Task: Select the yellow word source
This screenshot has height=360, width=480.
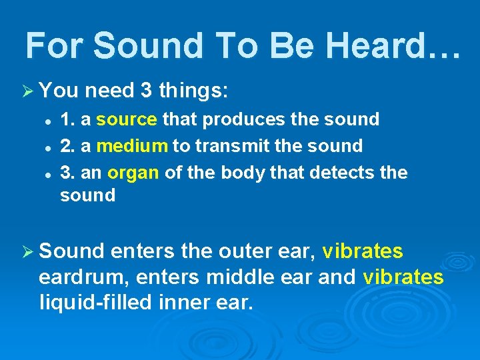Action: point(127,119)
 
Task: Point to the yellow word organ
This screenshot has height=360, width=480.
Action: point(133,172)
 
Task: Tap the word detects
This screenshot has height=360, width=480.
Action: point(343,172)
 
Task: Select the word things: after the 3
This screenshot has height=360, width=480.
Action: point(194,89)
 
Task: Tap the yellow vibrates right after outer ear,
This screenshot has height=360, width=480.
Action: point(362,251)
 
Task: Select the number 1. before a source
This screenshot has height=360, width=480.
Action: point(67,119)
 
